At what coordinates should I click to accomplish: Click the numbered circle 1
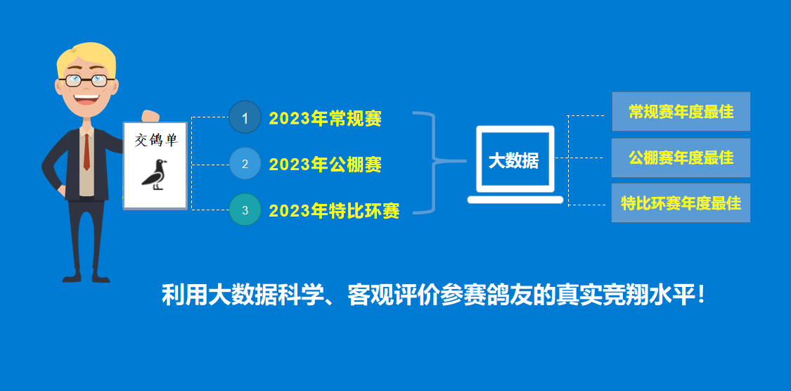[x=245, y=117]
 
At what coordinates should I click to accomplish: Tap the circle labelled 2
[x=245, y=164]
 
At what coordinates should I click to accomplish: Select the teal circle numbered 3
[x=245, y=210]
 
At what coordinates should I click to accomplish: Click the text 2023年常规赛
[x=326, y=119]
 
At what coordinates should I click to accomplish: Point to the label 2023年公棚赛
[x=326, y=165]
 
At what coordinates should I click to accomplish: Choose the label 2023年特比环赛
[x=335, y=211]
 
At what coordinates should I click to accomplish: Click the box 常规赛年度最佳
[x=681, y=112]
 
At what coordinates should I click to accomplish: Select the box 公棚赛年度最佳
[x=681, y=158]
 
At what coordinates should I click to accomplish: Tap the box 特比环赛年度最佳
[x=681, y=203]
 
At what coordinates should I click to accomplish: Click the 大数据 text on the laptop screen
[x=513, y=162]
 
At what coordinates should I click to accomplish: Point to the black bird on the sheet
[x=155, y=174]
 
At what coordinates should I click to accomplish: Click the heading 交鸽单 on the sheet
[x=156, y=140]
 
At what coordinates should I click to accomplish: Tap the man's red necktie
[x=86, y=151]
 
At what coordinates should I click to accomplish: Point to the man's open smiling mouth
[x=86, y=98]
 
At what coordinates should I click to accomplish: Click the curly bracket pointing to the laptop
[x=434, y=162]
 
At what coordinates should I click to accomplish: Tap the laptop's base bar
[x=515, y=200]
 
